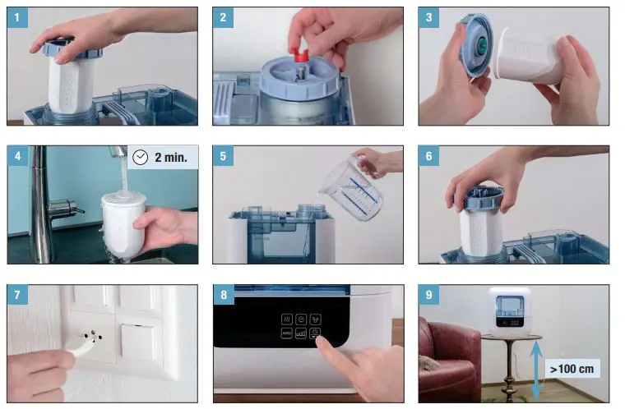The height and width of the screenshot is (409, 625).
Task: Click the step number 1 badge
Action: click(17, 17)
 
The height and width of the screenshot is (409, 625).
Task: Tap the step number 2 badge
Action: click(223, 17)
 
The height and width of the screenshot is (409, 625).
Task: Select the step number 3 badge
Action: click(428, 17)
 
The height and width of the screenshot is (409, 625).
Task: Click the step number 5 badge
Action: click(223, 156)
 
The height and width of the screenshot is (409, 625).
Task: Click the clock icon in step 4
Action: click(141, 156)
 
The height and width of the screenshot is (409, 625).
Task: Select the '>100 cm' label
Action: click(573, 369)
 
